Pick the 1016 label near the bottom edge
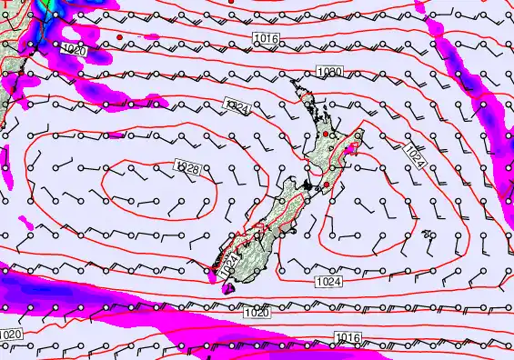[347, 338]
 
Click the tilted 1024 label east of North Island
[415, 156]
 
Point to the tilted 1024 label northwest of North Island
[237, 108]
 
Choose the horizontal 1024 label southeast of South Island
[330, 283]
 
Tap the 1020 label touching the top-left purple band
[75, 51]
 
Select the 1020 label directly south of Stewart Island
[256, 313]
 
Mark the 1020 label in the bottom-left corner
[11, 335]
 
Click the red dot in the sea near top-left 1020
[119, 37]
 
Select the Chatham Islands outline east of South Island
[427, 235]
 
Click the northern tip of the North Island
[294, 80]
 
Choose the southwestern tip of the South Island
[212, 270]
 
